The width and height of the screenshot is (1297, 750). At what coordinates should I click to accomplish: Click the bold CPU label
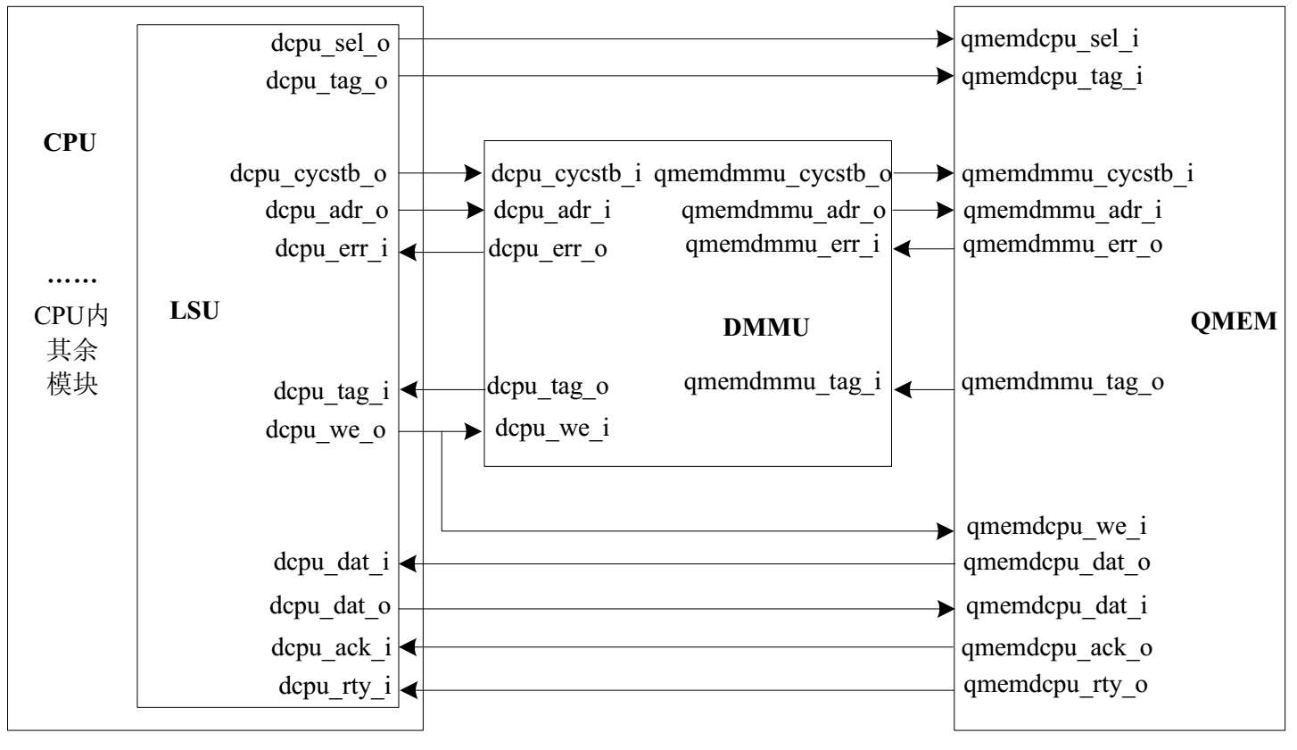click(x=70, y=143)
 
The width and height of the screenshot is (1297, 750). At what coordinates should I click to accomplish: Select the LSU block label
click(x=194, y=312)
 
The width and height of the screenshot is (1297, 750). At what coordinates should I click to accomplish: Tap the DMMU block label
click(x=765, y=329)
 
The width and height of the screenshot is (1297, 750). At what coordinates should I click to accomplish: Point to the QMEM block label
click(x=1233, y=321)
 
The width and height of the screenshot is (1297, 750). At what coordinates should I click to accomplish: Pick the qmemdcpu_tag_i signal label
click(x=1053, y=78)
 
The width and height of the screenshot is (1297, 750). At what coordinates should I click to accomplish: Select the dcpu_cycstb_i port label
click(x=566, y=174)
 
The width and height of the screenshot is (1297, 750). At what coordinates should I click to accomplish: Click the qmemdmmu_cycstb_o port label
click(x=772, y=175)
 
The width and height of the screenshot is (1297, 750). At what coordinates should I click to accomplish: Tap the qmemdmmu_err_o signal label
click(x=1062, y=245)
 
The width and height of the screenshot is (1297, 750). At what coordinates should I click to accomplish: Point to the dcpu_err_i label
click(x=331, y=250)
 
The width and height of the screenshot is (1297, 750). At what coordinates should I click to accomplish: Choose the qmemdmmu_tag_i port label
click(x=782, y=383)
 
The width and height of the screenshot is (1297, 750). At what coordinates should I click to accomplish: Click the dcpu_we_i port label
click(x=552, y=429)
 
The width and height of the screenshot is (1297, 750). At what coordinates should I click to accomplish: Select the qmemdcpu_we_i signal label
click(x=1057, y=527)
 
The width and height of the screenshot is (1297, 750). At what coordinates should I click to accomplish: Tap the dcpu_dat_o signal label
click(x=330, y=607)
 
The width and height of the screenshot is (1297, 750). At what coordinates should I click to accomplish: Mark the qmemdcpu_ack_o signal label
click(x=1057, y=648)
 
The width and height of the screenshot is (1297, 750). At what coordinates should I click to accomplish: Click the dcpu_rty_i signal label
click(x=335, y=687)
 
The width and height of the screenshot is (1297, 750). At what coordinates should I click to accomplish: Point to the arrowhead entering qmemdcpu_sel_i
click(x=946, y=39)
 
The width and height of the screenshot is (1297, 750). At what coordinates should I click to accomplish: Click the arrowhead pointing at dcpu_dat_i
click(x=407, y=563)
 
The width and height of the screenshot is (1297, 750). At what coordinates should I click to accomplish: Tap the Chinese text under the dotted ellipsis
click(x=72, y=350)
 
